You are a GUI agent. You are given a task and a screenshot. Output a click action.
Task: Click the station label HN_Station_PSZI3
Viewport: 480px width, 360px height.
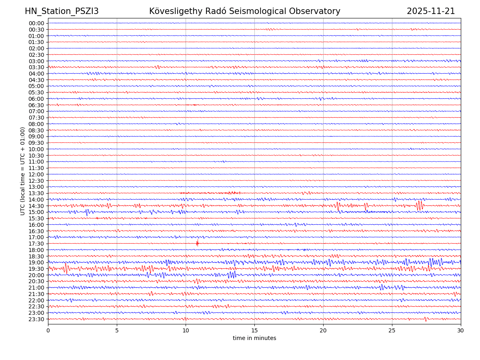tap(62, 11)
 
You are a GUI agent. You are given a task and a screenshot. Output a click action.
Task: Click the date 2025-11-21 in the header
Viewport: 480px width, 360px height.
tap(431, 11)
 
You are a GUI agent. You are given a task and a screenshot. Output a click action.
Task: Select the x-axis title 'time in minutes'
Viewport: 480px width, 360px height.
tap(254, 338)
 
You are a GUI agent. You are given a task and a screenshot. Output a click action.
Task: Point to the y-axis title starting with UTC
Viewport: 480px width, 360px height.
tap(23, 171)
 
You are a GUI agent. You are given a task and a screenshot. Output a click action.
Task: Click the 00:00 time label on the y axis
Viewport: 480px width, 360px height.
tap(36, 23)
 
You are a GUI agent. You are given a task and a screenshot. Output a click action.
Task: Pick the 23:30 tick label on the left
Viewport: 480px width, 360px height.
tap(36, 319)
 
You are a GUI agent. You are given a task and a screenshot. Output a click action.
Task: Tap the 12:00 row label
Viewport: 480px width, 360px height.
tap(36, 174)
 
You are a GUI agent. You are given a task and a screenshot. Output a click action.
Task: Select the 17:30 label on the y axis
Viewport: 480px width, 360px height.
tap(36, 244)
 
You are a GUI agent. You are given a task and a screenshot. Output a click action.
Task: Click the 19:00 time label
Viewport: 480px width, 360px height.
tap(36, 262)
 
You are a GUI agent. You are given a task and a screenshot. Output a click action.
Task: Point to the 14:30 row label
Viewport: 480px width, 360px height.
tap(36, 206)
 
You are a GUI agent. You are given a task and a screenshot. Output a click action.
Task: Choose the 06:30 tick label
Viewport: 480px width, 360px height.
tap(36, 105)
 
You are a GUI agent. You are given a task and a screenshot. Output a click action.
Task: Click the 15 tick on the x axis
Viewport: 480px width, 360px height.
tap(254, 330)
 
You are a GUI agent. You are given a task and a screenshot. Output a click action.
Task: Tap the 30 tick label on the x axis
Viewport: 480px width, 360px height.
tap(461, 330)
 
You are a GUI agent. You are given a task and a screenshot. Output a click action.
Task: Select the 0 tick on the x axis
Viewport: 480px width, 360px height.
tap(48, 330)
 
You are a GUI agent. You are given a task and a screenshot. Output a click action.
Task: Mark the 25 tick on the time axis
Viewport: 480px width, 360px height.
tap(392, 330)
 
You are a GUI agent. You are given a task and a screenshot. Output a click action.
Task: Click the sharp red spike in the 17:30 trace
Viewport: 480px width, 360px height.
tap(197, 243)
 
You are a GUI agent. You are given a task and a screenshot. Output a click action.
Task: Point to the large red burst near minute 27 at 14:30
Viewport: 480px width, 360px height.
tap(419, 205)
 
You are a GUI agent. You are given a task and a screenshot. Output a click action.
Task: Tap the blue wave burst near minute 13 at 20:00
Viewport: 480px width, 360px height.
tap(231, 275)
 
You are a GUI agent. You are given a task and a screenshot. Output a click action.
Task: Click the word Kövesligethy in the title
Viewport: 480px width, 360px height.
tap(174, 11)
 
